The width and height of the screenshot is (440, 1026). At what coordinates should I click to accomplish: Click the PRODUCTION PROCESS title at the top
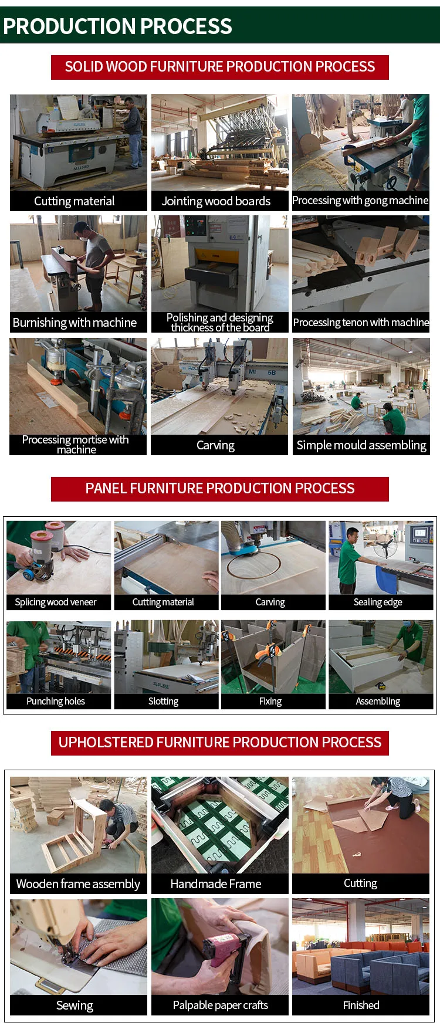(117, 26)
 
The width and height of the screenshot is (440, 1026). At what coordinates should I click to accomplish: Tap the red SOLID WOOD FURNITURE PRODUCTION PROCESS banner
(220, 67)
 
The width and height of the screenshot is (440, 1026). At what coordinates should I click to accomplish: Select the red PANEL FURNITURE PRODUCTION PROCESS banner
(220, 489)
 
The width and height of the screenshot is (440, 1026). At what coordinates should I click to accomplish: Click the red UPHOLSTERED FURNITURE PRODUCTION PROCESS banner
(220, 743)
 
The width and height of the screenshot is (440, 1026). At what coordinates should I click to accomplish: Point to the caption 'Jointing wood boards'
(216, 201)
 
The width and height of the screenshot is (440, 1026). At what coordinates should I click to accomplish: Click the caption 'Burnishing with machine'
(75, 323)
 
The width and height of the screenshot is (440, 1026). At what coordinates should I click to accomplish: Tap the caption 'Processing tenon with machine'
(361, 323)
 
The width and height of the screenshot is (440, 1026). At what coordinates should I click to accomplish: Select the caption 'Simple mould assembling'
(361, 445)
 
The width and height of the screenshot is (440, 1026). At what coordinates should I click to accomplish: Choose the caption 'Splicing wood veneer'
(56, 602)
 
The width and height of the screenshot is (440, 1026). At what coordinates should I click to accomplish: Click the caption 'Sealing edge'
(378, 602)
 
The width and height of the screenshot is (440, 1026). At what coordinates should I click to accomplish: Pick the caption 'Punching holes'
(56, 701)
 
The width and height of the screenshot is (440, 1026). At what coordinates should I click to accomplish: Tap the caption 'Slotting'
(163, 701)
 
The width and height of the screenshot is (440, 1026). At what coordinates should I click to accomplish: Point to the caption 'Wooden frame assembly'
(78, 884)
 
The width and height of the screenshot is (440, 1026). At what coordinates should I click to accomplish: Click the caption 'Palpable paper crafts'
(220, 1005)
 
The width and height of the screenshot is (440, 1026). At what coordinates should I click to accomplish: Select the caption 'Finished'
(361, 1005)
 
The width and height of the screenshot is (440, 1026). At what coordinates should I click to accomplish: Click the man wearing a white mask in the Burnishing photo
(94, 264)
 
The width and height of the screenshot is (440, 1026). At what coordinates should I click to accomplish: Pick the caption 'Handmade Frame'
(216, 884)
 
